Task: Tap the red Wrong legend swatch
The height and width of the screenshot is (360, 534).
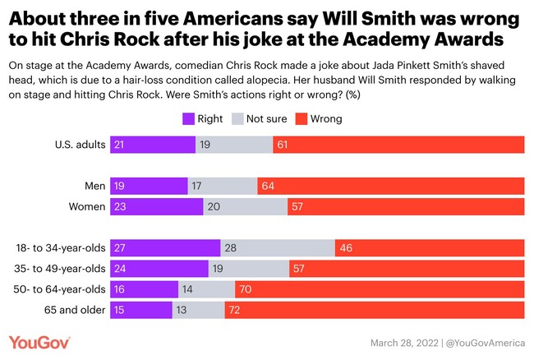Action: pos(322,119)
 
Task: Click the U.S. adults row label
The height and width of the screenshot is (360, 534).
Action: pos(76,145)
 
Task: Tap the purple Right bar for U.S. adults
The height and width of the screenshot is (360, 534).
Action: pos(152,145)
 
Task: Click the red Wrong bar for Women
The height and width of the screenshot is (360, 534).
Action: pos(406,207)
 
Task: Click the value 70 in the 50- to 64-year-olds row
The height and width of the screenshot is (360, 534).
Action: pos(246,289)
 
